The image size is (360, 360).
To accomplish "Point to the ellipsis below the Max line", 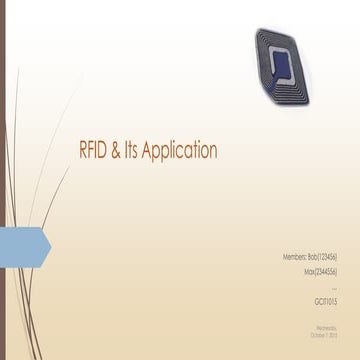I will [x=334, y=284].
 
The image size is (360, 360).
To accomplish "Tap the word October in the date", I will [x=317, y=332].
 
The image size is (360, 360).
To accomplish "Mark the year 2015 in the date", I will [x=333, y=332].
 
